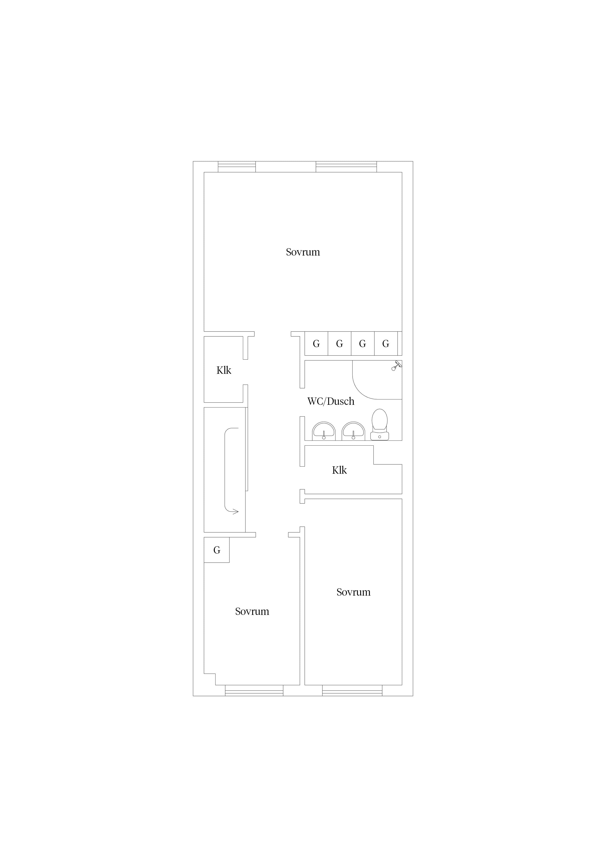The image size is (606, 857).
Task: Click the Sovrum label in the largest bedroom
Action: click(x=303, y=252)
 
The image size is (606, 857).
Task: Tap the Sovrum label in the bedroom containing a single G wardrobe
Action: click(x=252, y=611)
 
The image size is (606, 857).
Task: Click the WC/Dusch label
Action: click(x=331, y=401)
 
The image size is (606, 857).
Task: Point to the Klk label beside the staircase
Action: click(x=224, y=370)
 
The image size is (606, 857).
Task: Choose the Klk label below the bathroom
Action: click(x=339, y=470)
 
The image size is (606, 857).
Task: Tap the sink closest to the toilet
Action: click(x=353, y=431)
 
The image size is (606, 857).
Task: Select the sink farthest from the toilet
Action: click(x=324, y=431)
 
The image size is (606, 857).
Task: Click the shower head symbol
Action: click(x=396, y=366)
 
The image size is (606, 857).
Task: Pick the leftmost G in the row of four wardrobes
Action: click(x=316, y=344)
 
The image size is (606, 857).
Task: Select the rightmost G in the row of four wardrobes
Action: click(x=386, y=344)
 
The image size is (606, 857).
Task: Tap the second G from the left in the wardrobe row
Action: click(x=339, y=344)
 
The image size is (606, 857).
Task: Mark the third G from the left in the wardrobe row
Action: click(x=363, y=344)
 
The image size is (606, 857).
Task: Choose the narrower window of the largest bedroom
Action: click(x=237, y=167)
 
